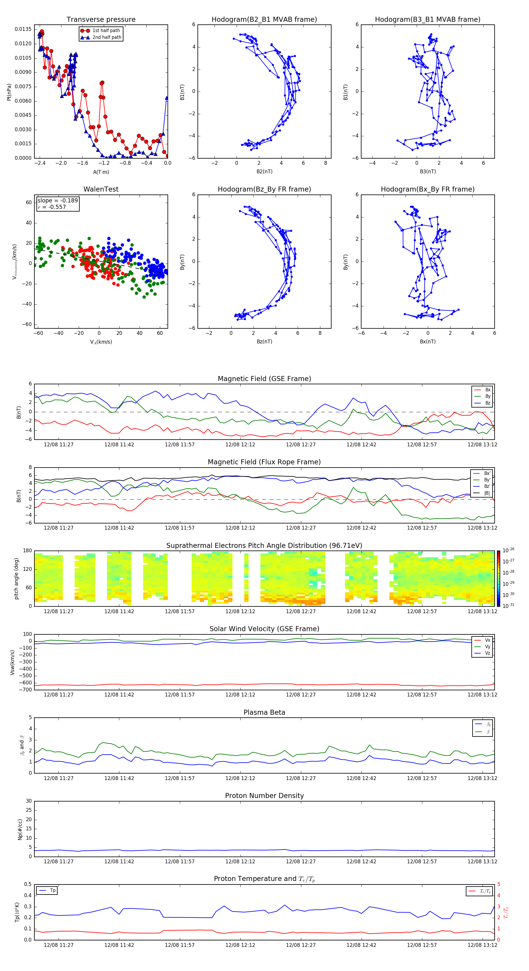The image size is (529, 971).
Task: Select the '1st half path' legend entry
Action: (106, 31)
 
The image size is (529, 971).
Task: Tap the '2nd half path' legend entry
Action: (107, 37)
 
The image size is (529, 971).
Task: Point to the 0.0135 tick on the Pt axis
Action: (23, 29)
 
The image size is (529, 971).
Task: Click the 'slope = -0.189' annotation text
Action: (58, 201)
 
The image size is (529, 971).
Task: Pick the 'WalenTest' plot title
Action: (101, 189)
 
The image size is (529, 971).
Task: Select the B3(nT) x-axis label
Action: (428, 172)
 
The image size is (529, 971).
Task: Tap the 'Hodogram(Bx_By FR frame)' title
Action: (427, 189)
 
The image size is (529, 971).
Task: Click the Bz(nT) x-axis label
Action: (264, 342)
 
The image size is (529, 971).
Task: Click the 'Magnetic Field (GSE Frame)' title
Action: (264, 379)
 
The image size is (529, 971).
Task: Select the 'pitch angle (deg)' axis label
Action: (16, 578)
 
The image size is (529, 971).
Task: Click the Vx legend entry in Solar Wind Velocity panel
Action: (487, 640)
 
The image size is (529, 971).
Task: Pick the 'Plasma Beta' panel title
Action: (264, 712)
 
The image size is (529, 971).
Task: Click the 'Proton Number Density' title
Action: (264, 796)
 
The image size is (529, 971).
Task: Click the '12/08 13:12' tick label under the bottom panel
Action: (482, 945)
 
